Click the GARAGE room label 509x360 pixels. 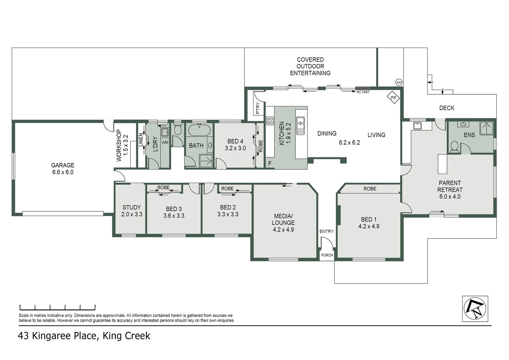(x=63, y=165)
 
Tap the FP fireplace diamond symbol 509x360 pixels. (x=393, y=98)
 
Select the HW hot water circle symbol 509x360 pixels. (x=399, y=82)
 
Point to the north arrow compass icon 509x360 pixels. (x=475, y=309)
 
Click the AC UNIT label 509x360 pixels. (x=363, y=92)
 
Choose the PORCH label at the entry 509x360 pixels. (x=327, y=255)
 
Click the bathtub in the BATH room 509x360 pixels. (x=199, y=130)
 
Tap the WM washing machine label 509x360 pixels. (x=165, y=143)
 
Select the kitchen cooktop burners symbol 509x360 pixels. (x=270, y=121)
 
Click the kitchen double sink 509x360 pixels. (x=300, y=126)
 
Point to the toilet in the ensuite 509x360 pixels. (x=454, y=146)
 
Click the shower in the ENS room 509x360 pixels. (x=487, y=128)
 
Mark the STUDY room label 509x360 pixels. (x=132, y=207)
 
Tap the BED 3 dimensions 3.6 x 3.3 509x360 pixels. (x=174, y=216)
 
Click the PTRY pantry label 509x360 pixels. (x=258, y=109)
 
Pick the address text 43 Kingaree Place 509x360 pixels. (x=57, y=336)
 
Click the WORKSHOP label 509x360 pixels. (x=119, y=145)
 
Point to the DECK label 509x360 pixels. (x=446, y=108)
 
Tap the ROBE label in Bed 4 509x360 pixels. (x=261, y=146)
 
